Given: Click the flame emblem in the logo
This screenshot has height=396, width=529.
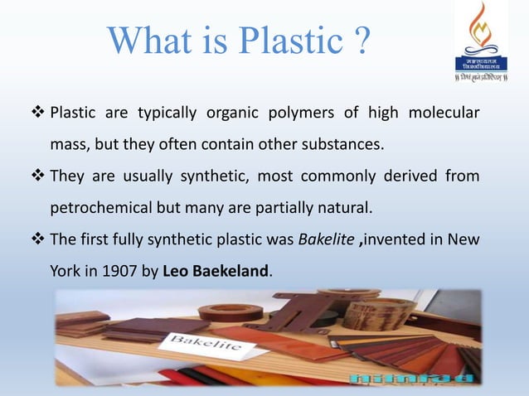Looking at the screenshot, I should (482, 30).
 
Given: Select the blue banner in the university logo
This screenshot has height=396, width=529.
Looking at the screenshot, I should (482, 63).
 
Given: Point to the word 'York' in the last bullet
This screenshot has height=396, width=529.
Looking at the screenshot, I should (65, 270).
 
